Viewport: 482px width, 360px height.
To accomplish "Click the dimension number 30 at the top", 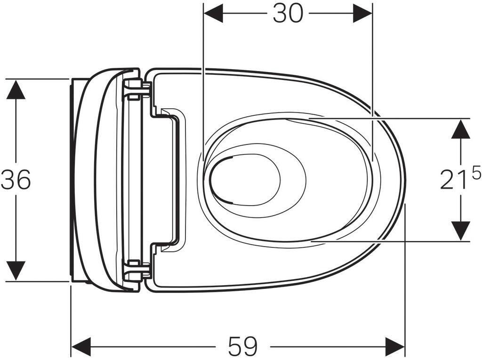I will pyautogui.click(x=288, y=14).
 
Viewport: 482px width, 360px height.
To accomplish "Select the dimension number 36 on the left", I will pyautogui.click(x=16, y=180).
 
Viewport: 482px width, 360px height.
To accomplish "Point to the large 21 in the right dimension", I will pyautogui.click(x=452, y=180).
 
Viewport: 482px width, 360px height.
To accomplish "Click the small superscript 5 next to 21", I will pyautogui.click(x=475, y=174).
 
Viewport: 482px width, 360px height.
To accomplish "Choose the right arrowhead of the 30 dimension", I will pyautogui.click(x=362, y=14).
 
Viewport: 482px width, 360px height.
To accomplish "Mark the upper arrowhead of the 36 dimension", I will pyautogui.click(x=16, y=89).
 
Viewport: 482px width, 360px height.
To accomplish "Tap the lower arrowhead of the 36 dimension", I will pyautogui.click(x=16, y=272).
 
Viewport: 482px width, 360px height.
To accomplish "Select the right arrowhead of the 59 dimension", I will pyautogui.click(x=395, y=347).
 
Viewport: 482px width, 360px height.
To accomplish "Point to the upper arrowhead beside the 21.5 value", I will pyautogui.click(x=460, y=129).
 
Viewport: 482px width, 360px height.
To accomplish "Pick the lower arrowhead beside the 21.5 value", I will pyautogui.click(x=460, y=231).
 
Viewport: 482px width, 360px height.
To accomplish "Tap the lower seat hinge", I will pyautogui.click(x=136, y=270).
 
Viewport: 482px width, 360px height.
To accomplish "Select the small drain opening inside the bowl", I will pyautogui.click(x=245, y=179).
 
